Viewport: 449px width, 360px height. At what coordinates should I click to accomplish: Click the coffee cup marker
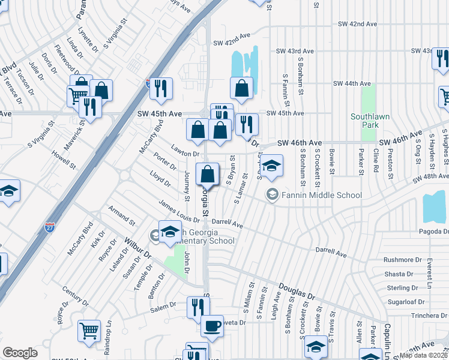click(x=211, y=326)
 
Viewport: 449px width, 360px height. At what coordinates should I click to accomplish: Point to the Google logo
click(x=20, y=353)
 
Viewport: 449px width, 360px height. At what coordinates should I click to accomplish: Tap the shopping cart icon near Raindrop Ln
click(x=89, y=329)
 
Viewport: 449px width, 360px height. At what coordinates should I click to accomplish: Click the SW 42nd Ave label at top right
click(x=357, y=24)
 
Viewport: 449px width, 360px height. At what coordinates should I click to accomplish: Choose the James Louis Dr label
click(x=179, y=214)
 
